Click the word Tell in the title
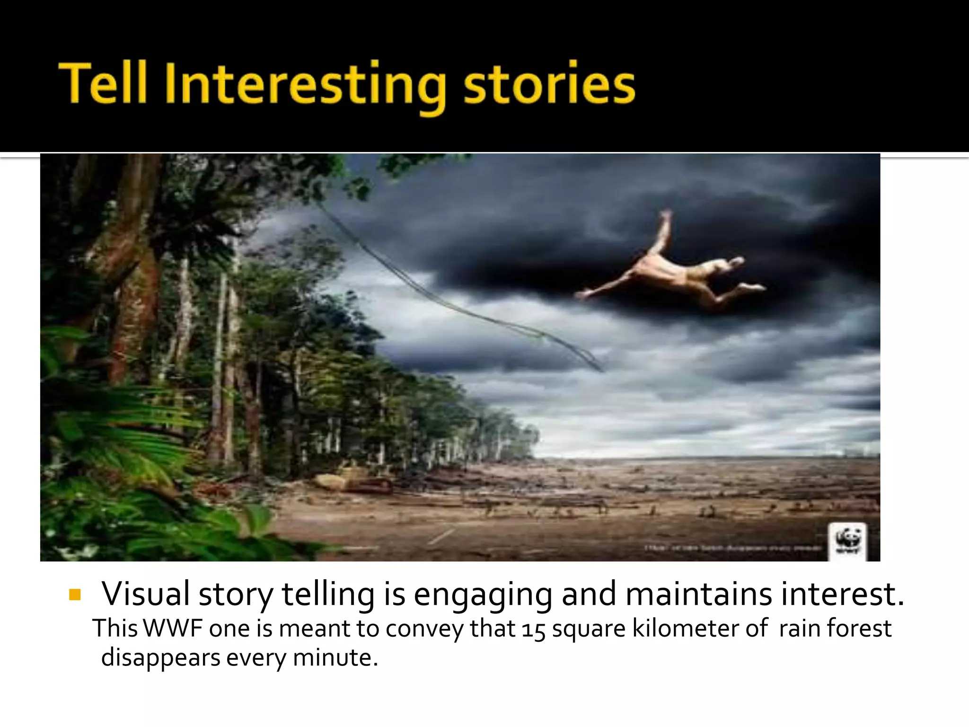[x=104, y=84]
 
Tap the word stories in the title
[x=549, y=84]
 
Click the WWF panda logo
[x=847, y=541]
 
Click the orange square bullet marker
[x=75, y=594]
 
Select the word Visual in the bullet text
[x=146, y=594]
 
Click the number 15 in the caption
[x=534, y=629]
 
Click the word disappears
[x=160, y=658]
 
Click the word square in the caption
[x=589, y=629]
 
